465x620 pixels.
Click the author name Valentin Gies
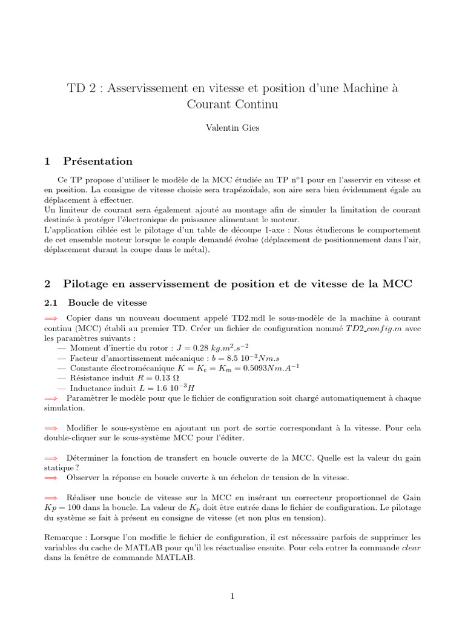(x=232, y=129)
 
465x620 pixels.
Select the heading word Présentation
(x=97, y=161)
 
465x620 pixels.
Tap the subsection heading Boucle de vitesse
(x=107, y=302)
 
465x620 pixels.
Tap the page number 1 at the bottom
(x=232, y=596)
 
